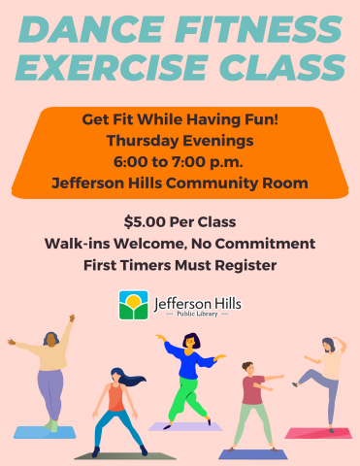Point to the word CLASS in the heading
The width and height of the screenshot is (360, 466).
click(x=287, y=68)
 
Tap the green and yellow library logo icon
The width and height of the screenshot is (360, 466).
click(x=133, y=305)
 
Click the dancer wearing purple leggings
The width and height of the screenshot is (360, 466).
click(x=51, y=379)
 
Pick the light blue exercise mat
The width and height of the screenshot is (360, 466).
click(x=44, y=432)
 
